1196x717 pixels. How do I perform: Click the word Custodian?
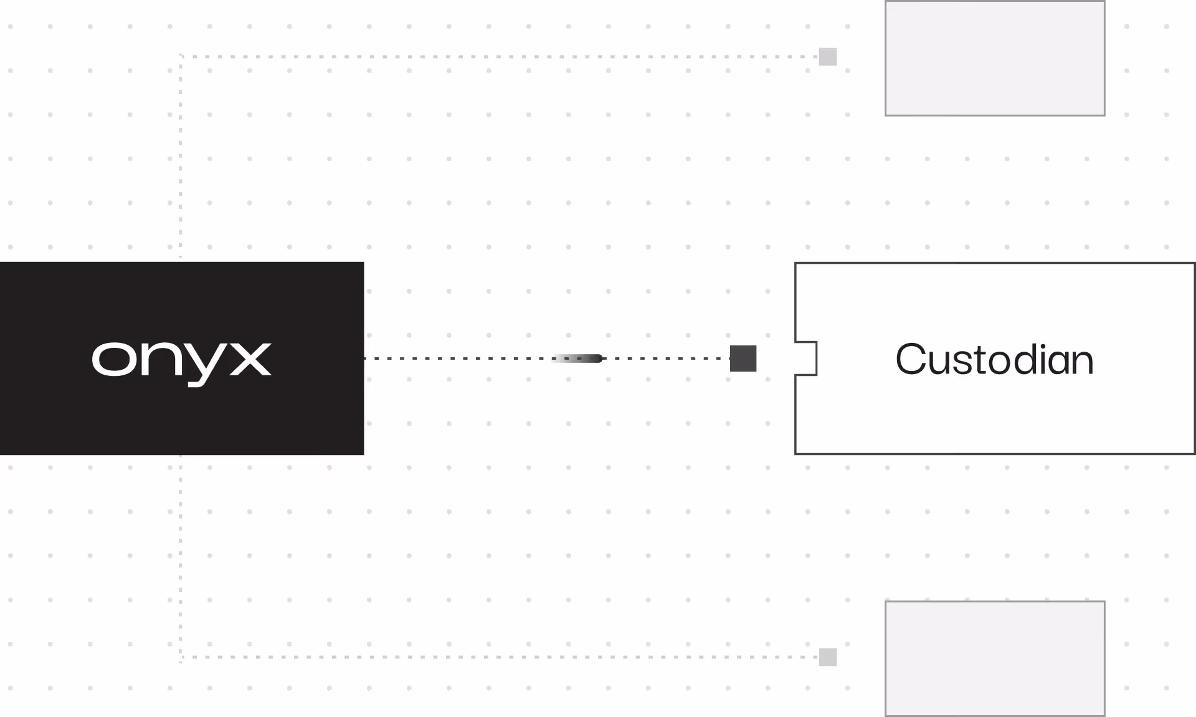[994, 360]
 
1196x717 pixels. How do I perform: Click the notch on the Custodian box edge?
[806, 358]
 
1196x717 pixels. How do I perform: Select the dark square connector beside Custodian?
[743, 358]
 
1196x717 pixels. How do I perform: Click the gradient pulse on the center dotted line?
[578, 358]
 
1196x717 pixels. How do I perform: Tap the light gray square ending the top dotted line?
[828, 57]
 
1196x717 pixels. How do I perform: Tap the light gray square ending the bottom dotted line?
[828, 657]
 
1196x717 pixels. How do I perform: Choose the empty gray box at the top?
[995, 58]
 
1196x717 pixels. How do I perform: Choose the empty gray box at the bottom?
[995, 658]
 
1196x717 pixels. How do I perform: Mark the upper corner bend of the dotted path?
[181, 57]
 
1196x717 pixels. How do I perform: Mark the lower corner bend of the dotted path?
[181, 657]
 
